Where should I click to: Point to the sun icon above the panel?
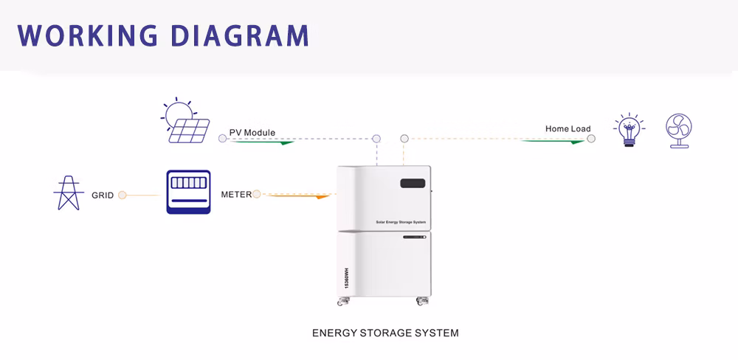point(178,113)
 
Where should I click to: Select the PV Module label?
point(252,133)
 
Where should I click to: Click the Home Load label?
point(568,129)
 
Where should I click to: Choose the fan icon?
point(678,131)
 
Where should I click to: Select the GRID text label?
point(103,195)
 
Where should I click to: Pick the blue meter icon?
point(188,192)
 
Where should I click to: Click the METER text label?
point(236,195)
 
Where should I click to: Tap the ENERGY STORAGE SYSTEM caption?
point(385,333)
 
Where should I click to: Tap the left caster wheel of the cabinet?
point(343,302)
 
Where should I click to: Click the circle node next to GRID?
point(123,195)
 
